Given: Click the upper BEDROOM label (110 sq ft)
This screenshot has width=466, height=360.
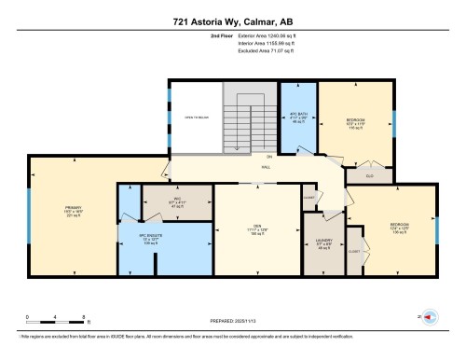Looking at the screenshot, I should point(355,124).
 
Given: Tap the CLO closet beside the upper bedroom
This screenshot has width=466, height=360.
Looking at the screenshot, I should point(368,174).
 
